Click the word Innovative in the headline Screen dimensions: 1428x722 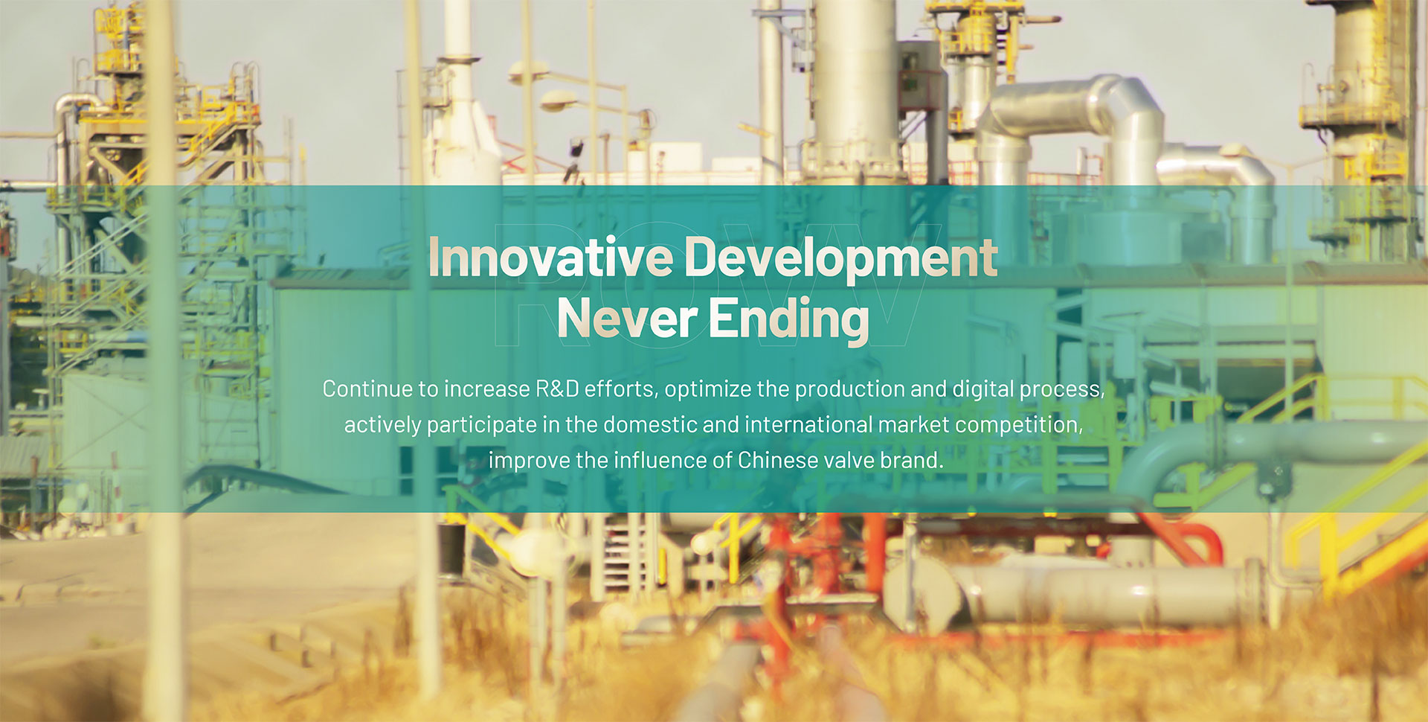pyautogui.click(x=550, y=257)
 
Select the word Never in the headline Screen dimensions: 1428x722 pyautogui.click(x=626, y=319)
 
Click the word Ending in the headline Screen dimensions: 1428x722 pyautogui.click(x=788, y=321)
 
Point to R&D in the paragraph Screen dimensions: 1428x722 pyautogui.click(x=557, y=389)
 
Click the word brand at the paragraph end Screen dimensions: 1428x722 pyautogui.click(x=910, y=460)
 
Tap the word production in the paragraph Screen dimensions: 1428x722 pyautogui.click(x=849, y=389)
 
